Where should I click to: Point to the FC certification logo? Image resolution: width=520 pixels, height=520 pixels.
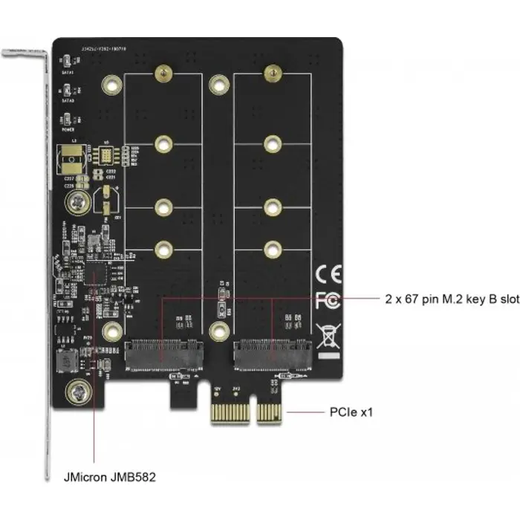tap(327, 301)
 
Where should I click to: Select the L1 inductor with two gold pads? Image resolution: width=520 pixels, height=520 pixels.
tap(74, 158)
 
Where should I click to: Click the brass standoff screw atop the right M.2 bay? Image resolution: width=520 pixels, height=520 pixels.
tap(272, 73)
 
